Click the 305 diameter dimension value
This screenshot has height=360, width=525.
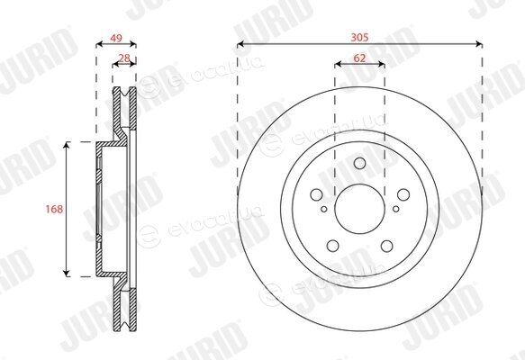[x=359, y=37]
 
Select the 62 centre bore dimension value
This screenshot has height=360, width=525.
[x=359, y=58]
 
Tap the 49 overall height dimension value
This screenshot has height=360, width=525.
[x=116, y=38]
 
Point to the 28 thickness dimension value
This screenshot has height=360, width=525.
[x=124, y=58]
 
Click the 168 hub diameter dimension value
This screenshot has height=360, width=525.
[x=54, y=209]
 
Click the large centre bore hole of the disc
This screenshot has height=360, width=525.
[x=359, y=209]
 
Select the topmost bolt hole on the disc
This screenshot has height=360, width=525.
[x=359, y=163]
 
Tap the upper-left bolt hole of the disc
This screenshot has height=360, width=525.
[x=316, y=194]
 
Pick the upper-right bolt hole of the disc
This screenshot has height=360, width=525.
[x=403, y=194]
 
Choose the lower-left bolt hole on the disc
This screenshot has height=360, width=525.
[x=333, y=246]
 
